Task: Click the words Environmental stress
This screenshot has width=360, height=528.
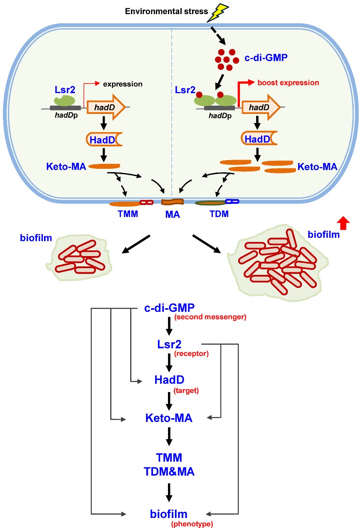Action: tap(166, 11)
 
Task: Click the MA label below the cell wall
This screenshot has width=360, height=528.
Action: tap(172, 215)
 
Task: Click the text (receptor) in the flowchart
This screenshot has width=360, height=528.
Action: tap(191, 354)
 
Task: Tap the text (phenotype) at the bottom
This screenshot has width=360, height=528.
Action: tap(192, 524)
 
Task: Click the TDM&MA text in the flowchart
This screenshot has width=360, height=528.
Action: tap(169, 472)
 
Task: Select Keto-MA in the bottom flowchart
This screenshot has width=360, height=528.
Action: tap(169, 418)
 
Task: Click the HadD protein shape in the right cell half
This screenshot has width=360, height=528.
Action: tap(258, 140)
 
